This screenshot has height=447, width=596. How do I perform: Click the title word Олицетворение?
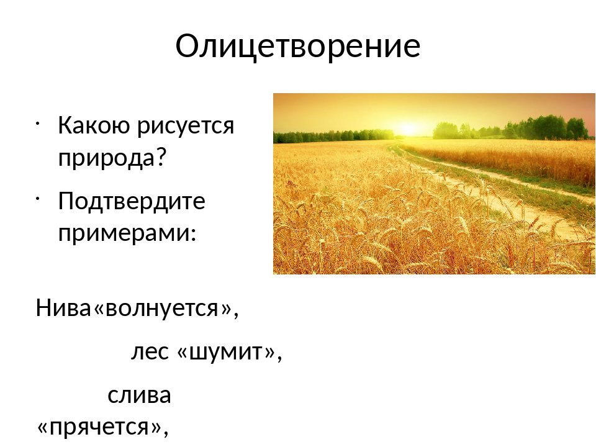[x=298, y=46]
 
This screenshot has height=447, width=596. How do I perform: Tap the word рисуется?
[x=186, y=126]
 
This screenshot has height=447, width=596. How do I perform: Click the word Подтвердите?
[x=132, y=201]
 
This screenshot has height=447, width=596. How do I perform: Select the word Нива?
[x=63, y=307]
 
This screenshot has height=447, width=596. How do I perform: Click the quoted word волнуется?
[x=161, y=308]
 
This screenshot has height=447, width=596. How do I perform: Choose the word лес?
[x=150, y=352]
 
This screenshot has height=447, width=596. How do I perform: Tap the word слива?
[x=139, y=395]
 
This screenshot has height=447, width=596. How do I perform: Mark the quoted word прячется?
[x=99, y=427]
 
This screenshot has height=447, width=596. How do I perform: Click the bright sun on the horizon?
[x=407, y=129]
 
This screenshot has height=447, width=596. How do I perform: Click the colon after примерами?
[x=193, y=234]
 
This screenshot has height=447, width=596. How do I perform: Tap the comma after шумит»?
[x=279, y=358]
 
